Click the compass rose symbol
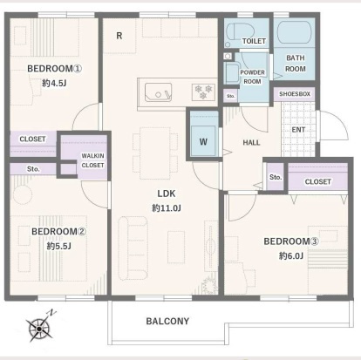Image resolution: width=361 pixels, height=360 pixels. click(x=39, y=328)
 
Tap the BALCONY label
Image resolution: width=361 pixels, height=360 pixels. click(x=167, y=321)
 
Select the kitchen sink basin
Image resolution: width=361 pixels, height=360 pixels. click(x=158, y=92)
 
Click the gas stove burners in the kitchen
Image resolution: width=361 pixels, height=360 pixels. click(x=203, y=92)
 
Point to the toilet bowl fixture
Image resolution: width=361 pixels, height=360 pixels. click(x=240, y=34)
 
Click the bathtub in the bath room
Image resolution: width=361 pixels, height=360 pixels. click(x=295, y=32)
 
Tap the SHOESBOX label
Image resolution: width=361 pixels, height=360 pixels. click(x=295, y=94)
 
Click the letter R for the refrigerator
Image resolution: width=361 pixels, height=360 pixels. click(x=119, y=36)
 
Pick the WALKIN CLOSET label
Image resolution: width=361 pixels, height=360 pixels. click(x=92, y=160)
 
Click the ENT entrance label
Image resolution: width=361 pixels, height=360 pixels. click(x=298, y=130)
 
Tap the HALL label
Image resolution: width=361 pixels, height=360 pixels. click(x=251, y=142)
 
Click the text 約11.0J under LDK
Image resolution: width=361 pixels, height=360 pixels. click(x=167, y=208)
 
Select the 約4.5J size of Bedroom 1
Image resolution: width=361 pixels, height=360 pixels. click(x=54, y=84)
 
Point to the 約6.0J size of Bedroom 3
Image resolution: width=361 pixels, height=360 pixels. click(x=291, y=255)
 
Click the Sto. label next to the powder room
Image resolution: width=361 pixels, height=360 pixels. click(x=231, y=96)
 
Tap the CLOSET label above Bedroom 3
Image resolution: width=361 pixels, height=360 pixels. click(x=318, y=181)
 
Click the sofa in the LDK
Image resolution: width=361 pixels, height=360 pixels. click(x=133, y=248)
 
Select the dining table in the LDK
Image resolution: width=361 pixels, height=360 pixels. click(x=155, y=153)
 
